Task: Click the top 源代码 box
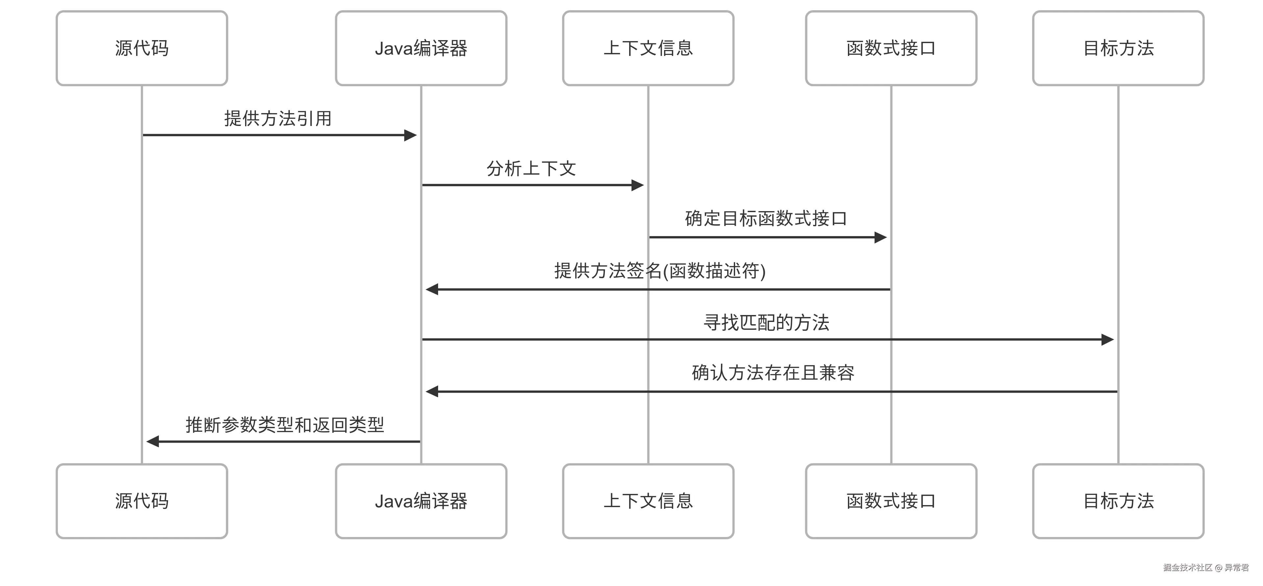(142, 48)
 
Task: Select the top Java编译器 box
(421, 48)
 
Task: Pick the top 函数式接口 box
(891, 48)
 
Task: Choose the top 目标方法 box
(1118, 48)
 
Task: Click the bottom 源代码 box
(142, 501)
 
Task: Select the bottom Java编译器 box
(421, 501)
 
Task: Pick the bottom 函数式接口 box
(891, 501)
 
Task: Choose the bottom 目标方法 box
(1118, 501)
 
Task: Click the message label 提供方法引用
(278, 118)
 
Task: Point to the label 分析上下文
(531, 169)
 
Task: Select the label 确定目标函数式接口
(766, 218)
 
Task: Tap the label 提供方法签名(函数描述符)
(660, 271)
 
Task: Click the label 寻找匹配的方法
(766, 323)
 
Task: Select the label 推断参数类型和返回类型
(285, 425)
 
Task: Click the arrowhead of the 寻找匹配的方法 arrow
(1107, 339)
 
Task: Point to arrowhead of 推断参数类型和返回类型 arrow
(153, 441)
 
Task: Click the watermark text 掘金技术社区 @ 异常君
(1206, 567)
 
